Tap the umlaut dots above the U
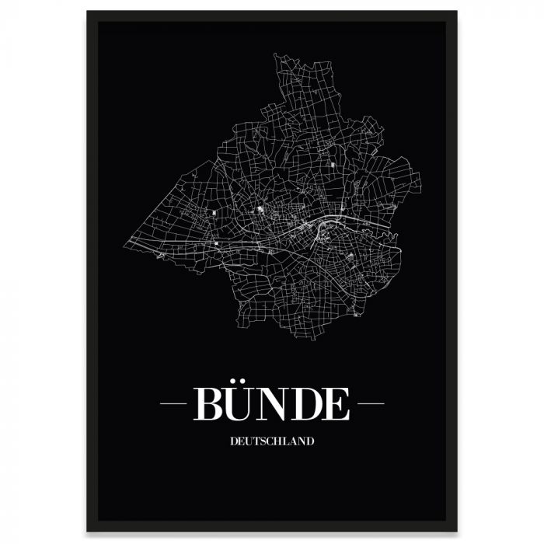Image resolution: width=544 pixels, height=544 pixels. (240, 382)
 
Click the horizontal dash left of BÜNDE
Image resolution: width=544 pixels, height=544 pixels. (173, 404)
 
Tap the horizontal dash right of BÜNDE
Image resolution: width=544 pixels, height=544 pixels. (369, 404)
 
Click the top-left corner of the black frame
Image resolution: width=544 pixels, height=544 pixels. (88, 12)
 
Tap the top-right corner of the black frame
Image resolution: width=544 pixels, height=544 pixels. (456, 12)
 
